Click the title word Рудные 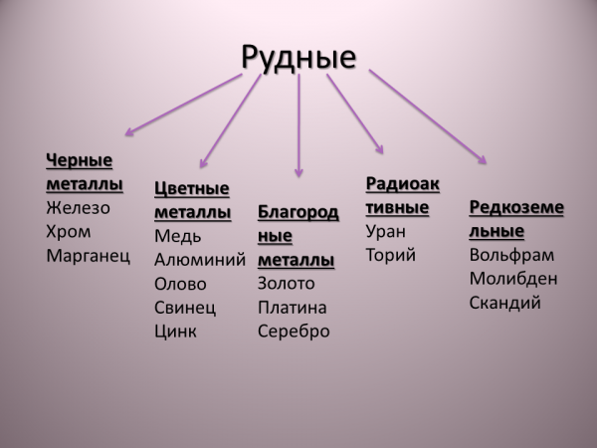(298, 58)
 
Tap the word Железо (78, 208)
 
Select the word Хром (69, 232)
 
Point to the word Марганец (88, 256)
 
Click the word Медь (177, 237)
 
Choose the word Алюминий (200, 260)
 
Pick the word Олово (180, 284)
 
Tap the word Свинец (185, 309)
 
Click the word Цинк (175, 332)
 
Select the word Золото (286, 284)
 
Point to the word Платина (292, 308)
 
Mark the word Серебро (294, 332)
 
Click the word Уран (386, 232)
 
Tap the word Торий (391, 255)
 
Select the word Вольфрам (511, 255)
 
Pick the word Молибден (513, 279)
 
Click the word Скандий (504, 303)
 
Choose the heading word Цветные (191, 189)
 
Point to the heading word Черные (79, 160)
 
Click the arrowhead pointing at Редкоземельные (482, 160)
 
